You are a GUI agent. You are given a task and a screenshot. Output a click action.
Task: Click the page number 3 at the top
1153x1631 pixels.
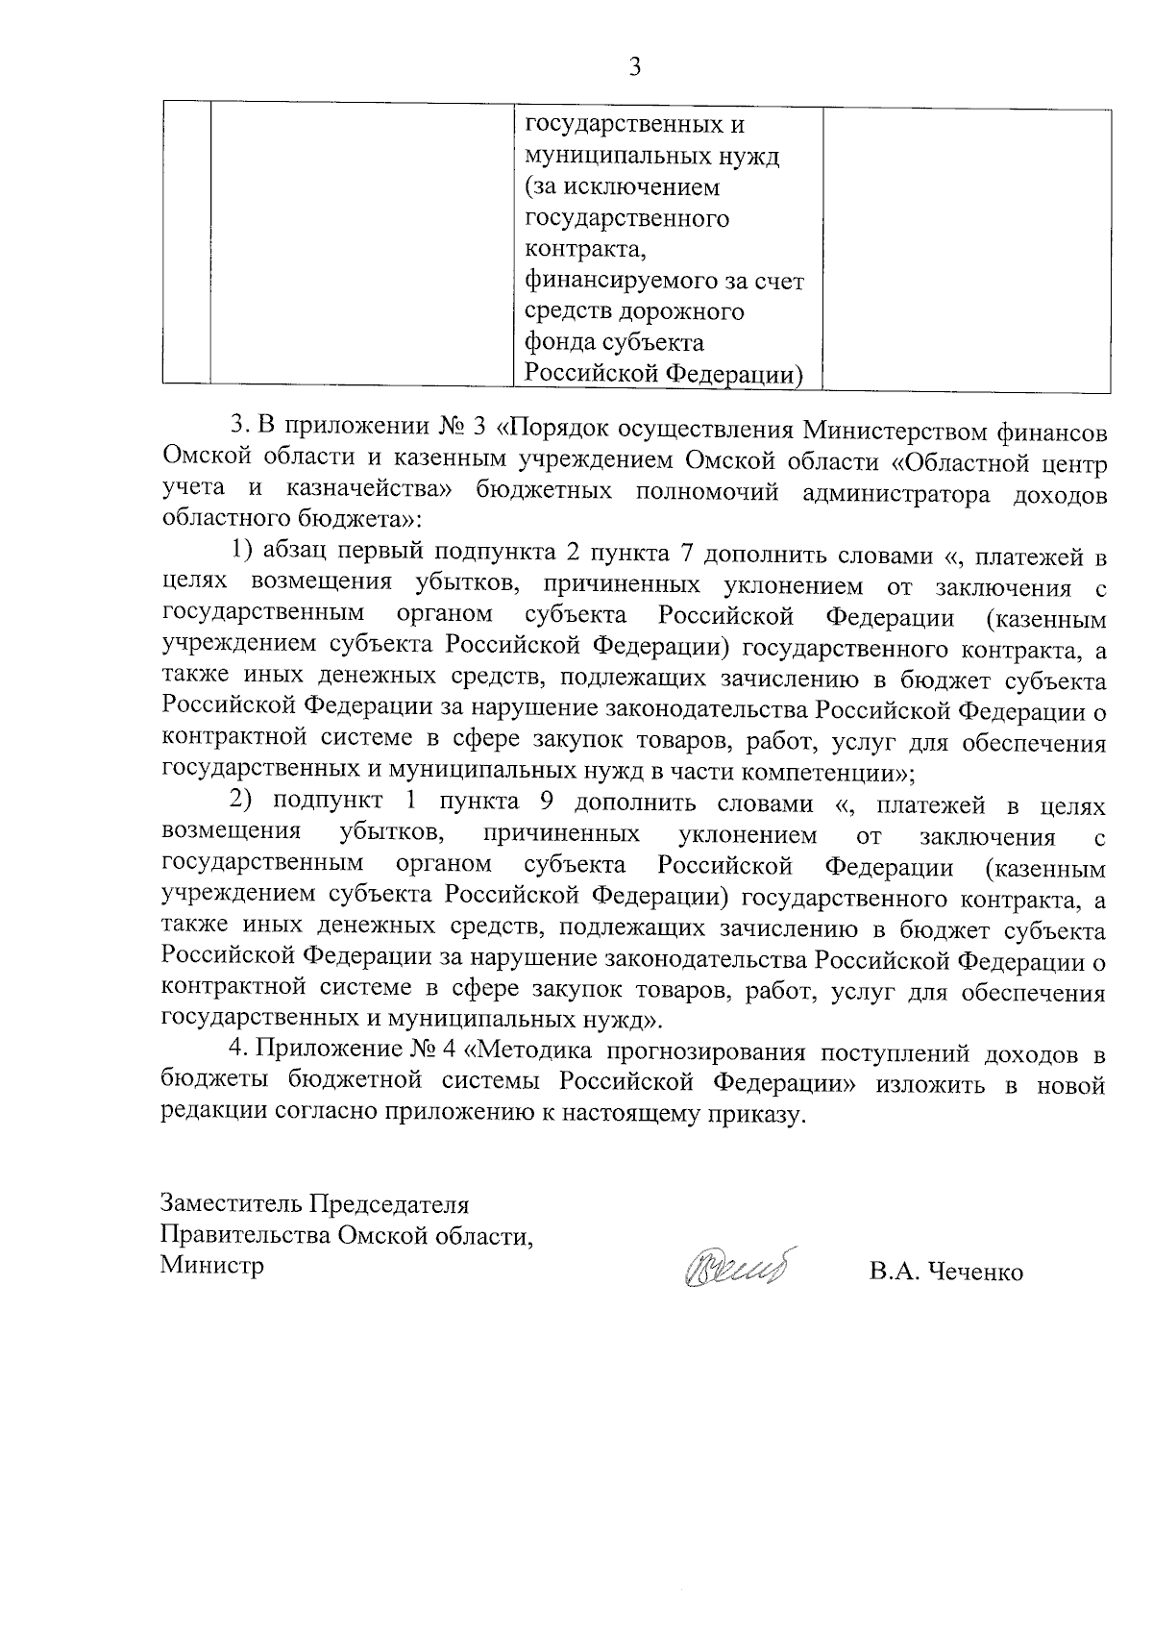point(633,66)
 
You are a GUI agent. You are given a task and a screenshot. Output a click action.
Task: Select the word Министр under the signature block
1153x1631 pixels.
point(212,1265)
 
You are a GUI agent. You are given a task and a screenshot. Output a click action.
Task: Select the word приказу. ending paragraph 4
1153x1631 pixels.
point(752,1115)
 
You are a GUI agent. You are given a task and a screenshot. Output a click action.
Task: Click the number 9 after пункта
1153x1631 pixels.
point(541,803)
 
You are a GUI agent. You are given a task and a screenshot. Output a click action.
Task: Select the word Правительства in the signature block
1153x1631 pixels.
point(247,1234)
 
